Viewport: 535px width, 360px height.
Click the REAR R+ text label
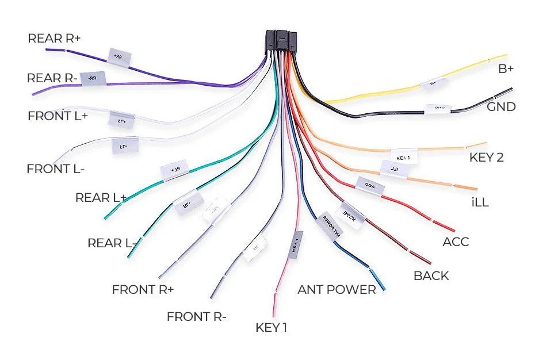point(54,39)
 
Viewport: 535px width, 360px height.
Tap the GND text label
point(501,107)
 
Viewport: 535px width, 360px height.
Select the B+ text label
point(506,69)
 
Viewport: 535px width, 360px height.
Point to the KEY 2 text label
point(486,158)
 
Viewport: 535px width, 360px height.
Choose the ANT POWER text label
point(336,289)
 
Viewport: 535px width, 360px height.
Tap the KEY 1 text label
point(271,328)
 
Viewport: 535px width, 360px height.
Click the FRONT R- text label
point(196,317)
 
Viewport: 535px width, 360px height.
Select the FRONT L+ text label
point(58,116)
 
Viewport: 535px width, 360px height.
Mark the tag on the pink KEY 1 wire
point(295,244)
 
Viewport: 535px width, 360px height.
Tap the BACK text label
point(431,276)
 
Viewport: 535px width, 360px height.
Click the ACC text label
point(455,242)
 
